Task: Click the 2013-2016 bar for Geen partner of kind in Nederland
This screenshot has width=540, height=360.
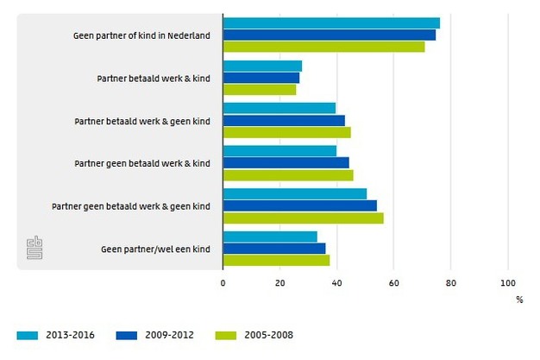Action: pos(331,23)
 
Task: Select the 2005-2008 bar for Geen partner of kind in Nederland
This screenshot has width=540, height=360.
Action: pos(323,47)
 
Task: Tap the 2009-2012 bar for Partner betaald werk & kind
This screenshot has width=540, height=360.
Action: pos(261,78)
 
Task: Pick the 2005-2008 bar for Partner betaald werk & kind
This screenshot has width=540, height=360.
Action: pos(260,89)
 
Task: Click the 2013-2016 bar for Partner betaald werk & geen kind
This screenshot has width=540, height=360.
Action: pos(279,108)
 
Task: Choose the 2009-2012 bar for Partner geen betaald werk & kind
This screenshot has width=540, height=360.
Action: pos(286,162)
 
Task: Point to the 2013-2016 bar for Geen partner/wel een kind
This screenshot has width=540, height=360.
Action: pos(270,237)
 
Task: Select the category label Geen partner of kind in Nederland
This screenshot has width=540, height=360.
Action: pos(142,35)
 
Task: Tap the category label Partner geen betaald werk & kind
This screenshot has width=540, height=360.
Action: pos(142,163)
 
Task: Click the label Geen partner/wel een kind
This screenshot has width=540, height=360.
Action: pos(155,249)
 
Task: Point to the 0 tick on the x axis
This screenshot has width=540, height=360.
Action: pos(223,282)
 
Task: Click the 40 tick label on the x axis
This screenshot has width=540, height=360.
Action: pos(336,282)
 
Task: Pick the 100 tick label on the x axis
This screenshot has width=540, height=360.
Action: pos(507,282)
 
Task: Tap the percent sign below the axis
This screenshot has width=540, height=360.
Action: pos(519,300)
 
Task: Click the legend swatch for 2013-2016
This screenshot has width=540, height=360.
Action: pos(29,333)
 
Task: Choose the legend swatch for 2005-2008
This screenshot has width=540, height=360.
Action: pos(226,333)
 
